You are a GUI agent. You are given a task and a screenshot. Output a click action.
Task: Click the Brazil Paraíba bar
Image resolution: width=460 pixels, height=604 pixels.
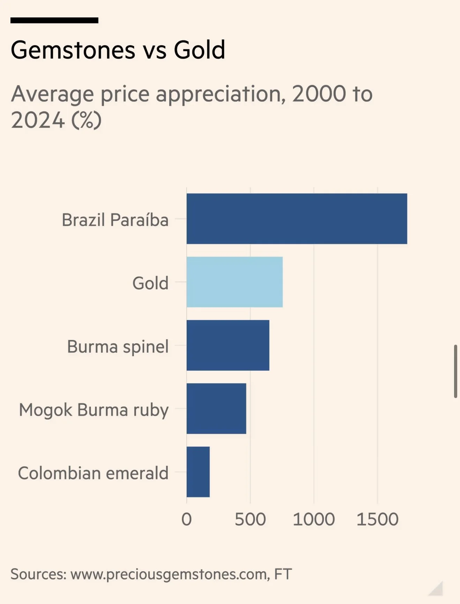pos(296,219)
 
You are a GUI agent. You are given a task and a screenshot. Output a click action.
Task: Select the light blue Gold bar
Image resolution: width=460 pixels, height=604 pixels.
pos(234,282)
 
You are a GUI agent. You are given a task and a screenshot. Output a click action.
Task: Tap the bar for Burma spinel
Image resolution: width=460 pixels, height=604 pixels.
pos(228,345)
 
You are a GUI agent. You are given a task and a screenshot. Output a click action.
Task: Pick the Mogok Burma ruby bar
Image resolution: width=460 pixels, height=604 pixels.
pos(216,408)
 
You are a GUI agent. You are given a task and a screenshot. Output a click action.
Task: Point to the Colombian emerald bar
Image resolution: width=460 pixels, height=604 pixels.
pos(198,472)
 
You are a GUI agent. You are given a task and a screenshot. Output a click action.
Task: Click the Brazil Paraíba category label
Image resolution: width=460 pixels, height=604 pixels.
pos(115,220)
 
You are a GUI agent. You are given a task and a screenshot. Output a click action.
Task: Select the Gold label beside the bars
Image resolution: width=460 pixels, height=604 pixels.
pos(150,283)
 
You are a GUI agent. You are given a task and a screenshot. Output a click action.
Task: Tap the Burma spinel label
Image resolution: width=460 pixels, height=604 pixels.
pos(118,346)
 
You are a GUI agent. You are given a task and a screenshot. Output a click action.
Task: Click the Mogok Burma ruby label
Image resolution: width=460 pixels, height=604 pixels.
pos(94,410)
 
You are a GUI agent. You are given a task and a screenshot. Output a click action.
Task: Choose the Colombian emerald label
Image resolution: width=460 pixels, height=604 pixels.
pos(93,473)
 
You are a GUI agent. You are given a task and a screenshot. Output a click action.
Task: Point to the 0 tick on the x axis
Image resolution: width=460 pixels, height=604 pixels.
pos(187,519)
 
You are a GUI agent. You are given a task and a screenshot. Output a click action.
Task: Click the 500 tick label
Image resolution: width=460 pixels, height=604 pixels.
pos(250,519)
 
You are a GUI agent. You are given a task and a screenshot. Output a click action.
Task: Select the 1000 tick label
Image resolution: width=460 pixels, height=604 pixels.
pos(314,519)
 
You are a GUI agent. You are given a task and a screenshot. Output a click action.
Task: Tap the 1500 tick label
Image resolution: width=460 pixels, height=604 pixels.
pos(377,519)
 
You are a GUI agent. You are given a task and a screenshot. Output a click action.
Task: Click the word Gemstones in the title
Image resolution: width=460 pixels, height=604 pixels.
pos(73,50)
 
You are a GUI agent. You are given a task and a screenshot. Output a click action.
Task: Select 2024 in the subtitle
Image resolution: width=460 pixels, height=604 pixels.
pos(38,120)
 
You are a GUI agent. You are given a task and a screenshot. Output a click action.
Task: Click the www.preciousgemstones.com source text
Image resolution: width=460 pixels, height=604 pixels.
pos(170,574)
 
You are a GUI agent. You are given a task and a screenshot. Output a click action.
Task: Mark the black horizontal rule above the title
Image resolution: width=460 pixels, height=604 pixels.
pos(54,20)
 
